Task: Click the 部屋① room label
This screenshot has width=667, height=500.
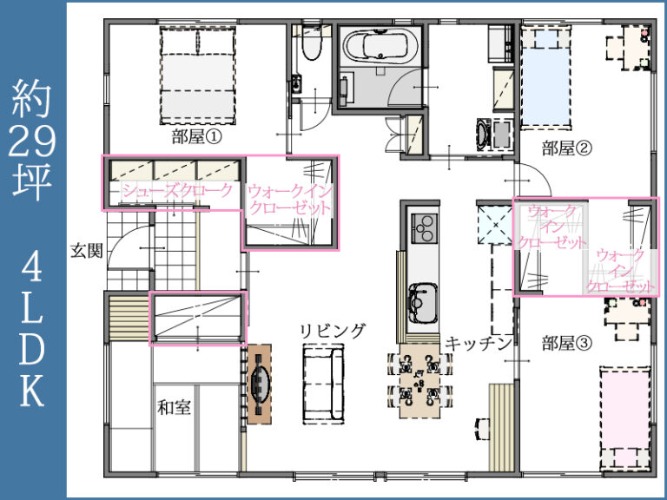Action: point(198,136)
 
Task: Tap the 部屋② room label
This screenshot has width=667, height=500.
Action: point(566,148)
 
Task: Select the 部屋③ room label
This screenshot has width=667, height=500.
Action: point(566,342)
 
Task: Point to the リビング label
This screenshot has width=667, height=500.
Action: point(333,330)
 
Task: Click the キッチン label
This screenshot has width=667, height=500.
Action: point(476,344)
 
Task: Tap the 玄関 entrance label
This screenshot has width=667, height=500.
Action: point(87,251)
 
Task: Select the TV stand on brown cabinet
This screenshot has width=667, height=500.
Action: point(260,384)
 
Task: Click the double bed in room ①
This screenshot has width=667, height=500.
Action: point(198,76)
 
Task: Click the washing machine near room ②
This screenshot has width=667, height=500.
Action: point(485,133)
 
